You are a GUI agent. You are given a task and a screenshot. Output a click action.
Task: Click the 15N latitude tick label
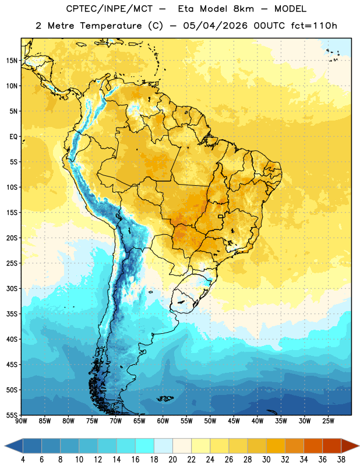(12, 61)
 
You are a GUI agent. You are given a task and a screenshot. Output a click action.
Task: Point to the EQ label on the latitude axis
(13, 137)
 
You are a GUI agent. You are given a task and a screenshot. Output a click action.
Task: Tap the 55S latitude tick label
(12, 415)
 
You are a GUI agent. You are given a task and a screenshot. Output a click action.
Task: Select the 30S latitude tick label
(12, 288)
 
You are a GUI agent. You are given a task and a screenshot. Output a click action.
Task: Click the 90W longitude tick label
(21, 421)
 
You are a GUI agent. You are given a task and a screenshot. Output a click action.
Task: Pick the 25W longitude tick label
(328, 421)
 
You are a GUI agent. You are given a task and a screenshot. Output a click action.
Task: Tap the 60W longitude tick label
(163, 421)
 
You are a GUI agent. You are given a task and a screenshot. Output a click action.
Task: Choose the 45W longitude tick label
(234, 421)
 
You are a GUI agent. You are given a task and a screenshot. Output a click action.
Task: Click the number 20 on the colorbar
(172, 460)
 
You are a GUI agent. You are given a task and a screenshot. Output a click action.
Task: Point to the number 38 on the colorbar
(341, 460)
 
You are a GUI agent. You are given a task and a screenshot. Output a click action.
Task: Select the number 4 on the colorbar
(23, 460)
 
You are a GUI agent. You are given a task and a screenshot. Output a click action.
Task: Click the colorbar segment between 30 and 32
(276, 446)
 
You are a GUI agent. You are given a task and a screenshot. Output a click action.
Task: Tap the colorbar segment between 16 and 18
(144, 446)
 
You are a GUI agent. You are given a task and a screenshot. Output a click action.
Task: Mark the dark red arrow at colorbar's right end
(350, 446)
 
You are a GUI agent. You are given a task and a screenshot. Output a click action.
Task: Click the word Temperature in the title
(111, 26)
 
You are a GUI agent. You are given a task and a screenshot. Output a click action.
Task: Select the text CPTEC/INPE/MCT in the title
(109, 9)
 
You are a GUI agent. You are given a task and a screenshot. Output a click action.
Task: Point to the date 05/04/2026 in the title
(215, 26)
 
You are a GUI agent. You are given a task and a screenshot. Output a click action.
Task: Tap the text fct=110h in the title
(314, 26)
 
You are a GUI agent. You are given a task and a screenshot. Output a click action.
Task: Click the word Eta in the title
(186, 9)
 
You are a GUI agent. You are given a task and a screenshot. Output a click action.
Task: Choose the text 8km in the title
(243, 9)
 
